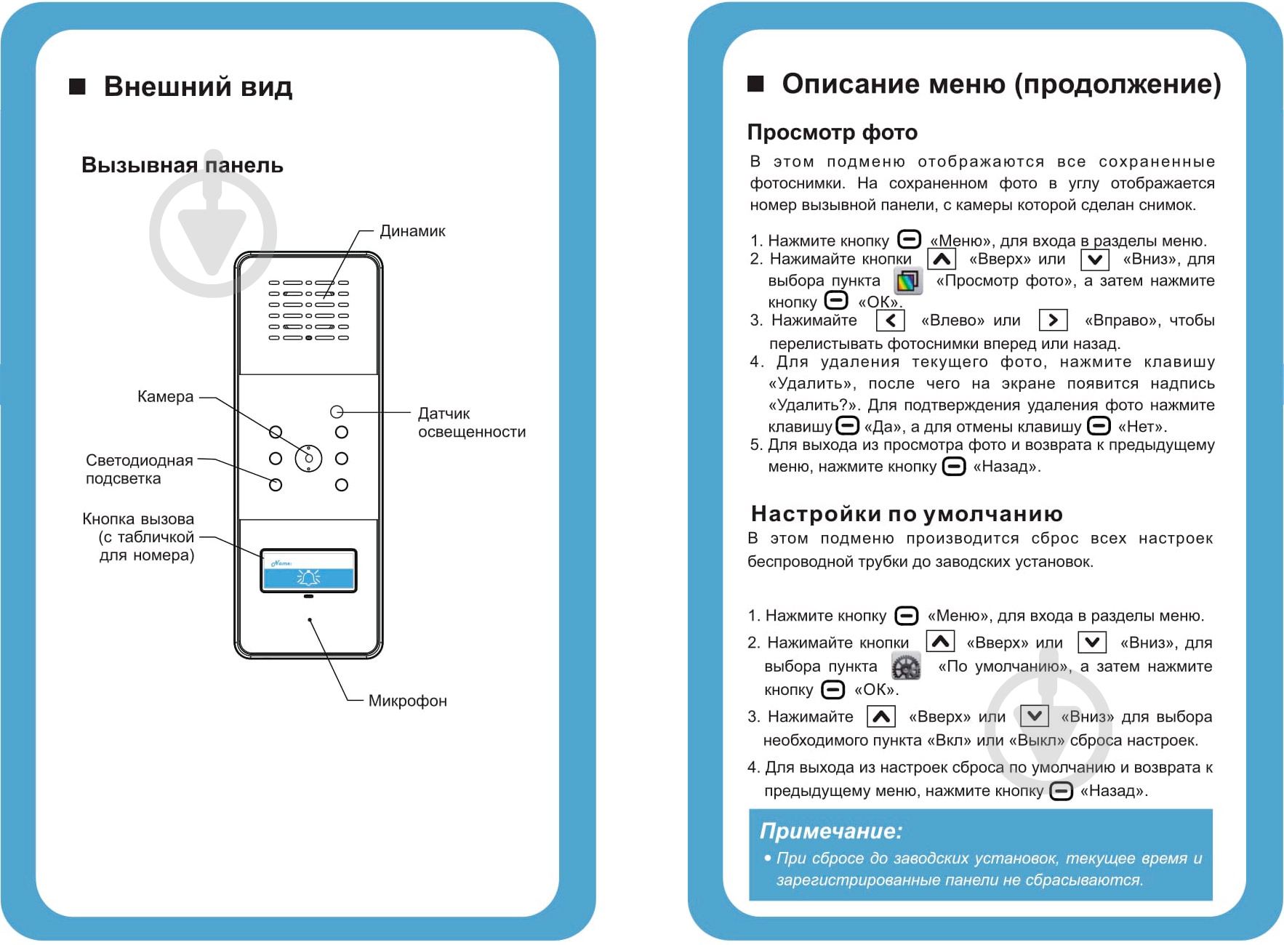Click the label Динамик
point(412,231)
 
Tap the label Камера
point(165,397)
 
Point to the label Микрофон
point(407,701)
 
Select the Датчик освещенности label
point(471,422)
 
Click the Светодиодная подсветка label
point(139,470)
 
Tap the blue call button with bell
point(308,578)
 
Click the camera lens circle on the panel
point(308,458)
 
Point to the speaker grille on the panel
point(308,310)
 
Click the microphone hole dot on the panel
point(310,620)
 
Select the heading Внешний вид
point(198,87)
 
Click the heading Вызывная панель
point(182,165)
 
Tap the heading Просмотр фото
point(832,132)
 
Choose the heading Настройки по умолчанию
point(906,514)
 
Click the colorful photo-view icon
point(907,281)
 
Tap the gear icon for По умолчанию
point(906,666)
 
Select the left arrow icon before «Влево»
point(890,321)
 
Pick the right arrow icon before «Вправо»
point(1053,321)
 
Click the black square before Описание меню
point(755,84)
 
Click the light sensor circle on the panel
point(336,412)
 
